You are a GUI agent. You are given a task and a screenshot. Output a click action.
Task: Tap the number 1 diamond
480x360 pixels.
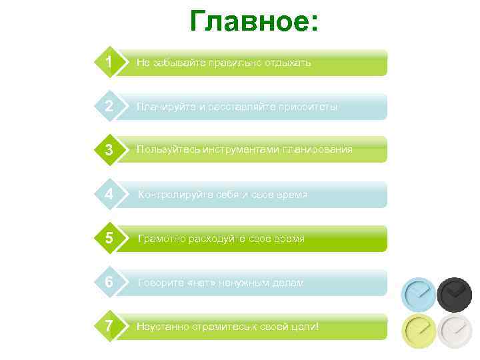point(109,63)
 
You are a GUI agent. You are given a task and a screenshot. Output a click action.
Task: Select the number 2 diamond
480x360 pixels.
point(109,107)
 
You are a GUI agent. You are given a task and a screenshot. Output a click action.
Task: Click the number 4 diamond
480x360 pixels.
point(109,195)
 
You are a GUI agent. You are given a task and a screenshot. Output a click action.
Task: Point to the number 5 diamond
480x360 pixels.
point(109,238)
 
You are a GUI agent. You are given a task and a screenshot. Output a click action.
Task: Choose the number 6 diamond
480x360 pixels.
point(109,283)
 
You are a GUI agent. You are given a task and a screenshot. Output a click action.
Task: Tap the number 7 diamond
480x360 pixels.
point(109,327)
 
